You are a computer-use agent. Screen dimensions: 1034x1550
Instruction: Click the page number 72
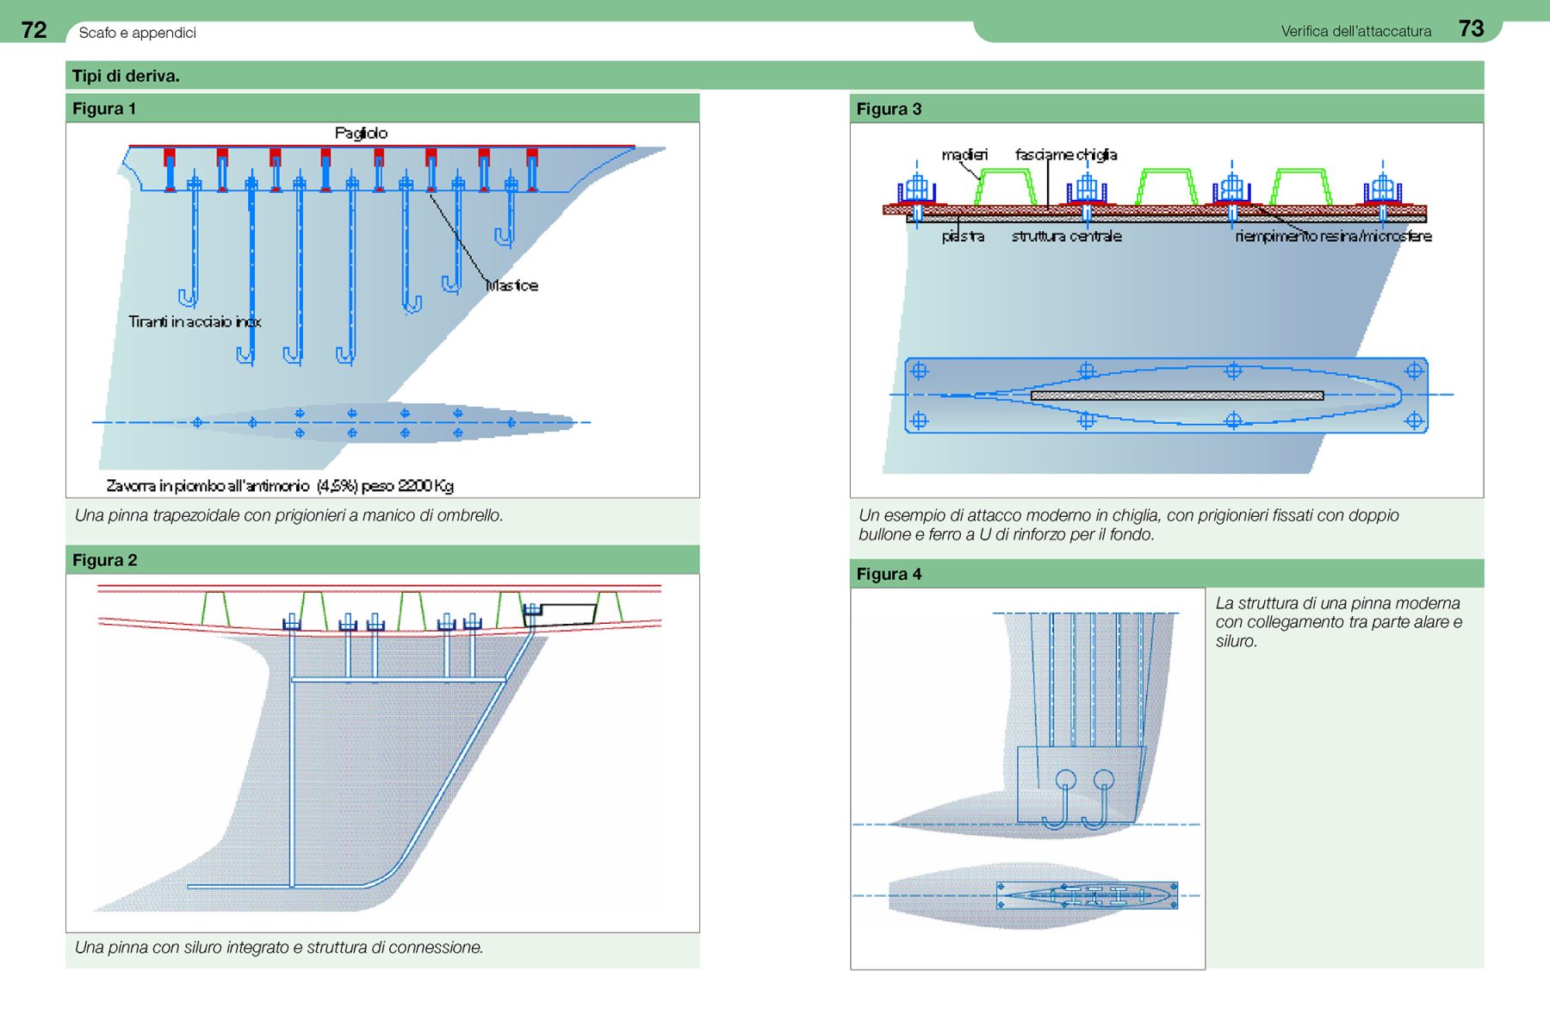(x=34, y=30)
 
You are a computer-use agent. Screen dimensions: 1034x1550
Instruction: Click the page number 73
(x=1471, y=28)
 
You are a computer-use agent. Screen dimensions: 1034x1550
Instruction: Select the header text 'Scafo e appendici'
(x=137, y=33)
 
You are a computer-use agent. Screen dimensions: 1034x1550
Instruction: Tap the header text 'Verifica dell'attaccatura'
(x=1355, y=31)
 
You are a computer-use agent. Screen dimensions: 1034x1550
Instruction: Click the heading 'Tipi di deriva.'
(x=126, y=76)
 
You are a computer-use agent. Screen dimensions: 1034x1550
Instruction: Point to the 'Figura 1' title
(x=104, y=109)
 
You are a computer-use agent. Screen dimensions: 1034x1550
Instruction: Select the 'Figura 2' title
(x=105, y=560)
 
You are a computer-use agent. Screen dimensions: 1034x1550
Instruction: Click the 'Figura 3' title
(x=889, y=109)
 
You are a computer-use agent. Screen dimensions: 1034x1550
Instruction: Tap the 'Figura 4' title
(x=889, y=574)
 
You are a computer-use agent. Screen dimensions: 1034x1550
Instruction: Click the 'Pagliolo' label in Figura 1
(x=361, y=133)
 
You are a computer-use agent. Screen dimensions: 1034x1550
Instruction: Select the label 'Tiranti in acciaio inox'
(x=195, y=321)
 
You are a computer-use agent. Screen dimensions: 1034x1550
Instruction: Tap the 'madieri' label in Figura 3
(x=964, y=154)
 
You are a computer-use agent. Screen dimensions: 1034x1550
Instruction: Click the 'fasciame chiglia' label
(x=1066, y=154)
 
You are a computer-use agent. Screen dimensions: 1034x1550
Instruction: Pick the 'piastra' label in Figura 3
(x=963, y=236)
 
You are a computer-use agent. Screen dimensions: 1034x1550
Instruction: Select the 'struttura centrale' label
(x=1066, y=236)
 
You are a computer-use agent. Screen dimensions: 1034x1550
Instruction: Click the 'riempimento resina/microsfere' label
(x=1333, y=236)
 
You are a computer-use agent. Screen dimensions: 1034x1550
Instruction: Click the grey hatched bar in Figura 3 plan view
(x=1176, y=396)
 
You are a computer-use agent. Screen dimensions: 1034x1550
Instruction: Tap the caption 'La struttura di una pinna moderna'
(x=1337, y=603)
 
